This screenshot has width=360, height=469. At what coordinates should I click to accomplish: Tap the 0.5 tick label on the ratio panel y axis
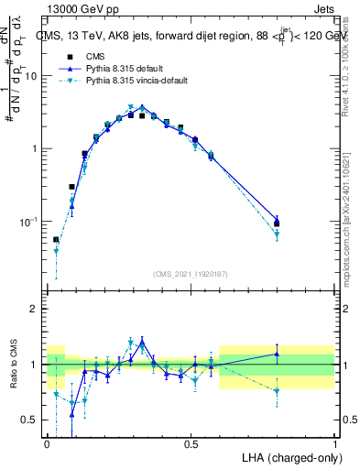click(30, 420)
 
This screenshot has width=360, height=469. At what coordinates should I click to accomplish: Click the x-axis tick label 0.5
click(191, 443)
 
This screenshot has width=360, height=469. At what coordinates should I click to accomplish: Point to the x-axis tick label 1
click(334, 443)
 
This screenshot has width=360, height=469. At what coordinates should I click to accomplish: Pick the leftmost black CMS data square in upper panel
click(56, 239)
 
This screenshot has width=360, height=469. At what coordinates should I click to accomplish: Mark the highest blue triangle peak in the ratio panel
click(142, 342)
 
